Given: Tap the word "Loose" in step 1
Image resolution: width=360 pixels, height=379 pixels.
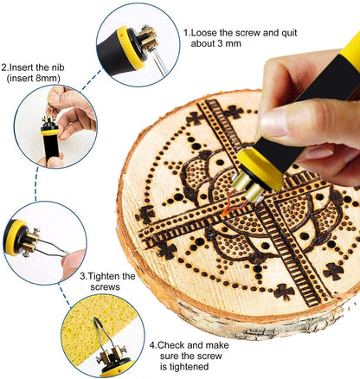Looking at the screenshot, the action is tap(204, 33).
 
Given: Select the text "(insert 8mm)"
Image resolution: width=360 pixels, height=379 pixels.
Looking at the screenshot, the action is tap(34, 79).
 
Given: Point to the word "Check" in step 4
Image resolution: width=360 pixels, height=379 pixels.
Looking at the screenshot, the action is tap(170, 345).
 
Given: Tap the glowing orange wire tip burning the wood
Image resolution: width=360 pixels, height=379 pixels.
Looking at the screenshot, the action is tap(224, 213).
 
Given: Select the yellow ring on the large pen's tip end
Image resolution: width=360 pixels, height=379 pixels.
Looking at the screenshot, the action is tap(260, 169).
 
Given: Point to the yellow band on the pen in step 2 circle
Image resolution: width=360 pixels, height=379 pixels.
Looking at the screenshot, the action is tap(50, 132).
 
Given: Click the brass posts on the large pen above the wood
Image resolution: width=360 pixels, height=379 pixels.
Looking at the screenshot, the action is tap(248, 188).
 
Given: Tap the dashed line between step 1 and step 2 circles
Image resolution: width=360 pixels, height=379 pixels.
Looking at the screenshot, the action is tap(91, 80).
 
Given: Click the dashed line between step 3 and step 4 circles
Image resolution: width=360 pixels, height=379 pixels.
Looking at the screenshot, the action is tap(64, 295).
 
